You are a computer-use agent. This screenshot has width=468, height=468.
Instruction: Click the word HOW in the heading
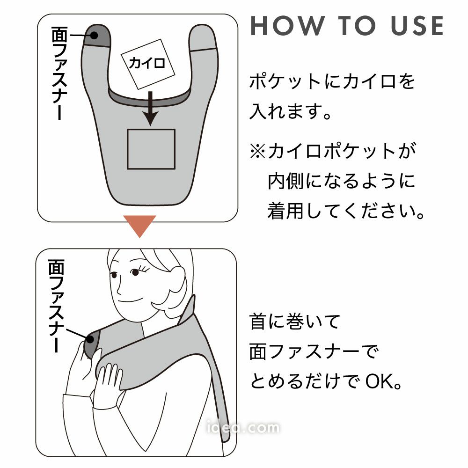click(x=287, y=26)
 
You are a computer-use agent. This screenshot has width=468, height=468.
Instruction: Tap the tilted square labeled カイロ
click(x=148, y=64)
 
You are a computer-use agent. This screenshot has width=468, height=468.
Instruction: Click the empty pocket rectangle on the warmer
click(x=151, y=149)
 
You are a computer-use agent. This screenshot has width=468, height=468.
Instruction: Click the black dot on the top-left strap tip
click(x=94, y=35)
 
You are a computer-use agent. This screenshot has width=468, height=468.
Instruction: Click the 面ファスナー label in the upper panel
click(x=59, y=73)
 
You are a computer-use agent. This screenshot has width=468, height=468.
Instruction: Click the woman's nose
click(x=119, y=288)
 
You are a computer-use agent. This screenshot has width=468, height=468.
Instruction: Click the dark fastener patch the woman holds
click(x=90, y=343)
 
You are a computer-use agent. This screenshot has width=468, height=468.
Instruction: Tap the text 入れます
click(x=286, y=112)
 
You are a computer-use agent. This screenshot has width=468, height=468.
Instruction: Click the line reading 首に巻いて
click(x=294, y=322)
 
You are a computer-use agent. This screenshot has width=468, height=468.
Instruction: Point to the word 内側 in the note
click(x=286, y=181)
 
